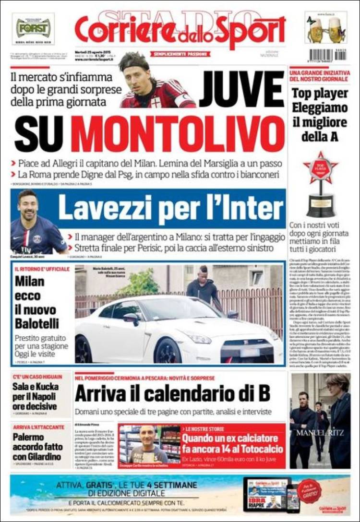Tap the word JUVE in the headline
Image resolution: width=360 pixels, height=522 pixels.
(x=242, y=90)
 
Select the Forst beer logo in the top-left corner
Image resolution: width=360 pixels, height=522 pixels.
(x=33, y=28)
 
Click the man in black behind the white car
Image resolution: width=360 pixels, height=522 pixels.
(x=203, y=287)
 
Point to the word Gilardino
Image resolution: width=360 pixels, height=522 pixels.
(x=38, y=458)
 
